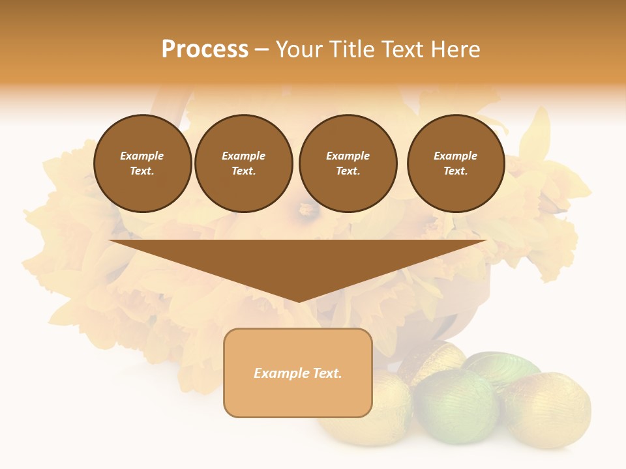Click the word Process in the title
point(205,50)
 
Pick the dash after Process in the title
point(261,50)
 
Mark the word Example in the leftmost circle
point(142,156)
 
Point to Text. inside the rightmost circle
point(455,171)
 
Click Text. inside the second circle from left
point(243,171)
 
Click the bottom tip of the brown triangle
point(298,300)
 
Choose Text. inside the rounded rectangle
point(328,373)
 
